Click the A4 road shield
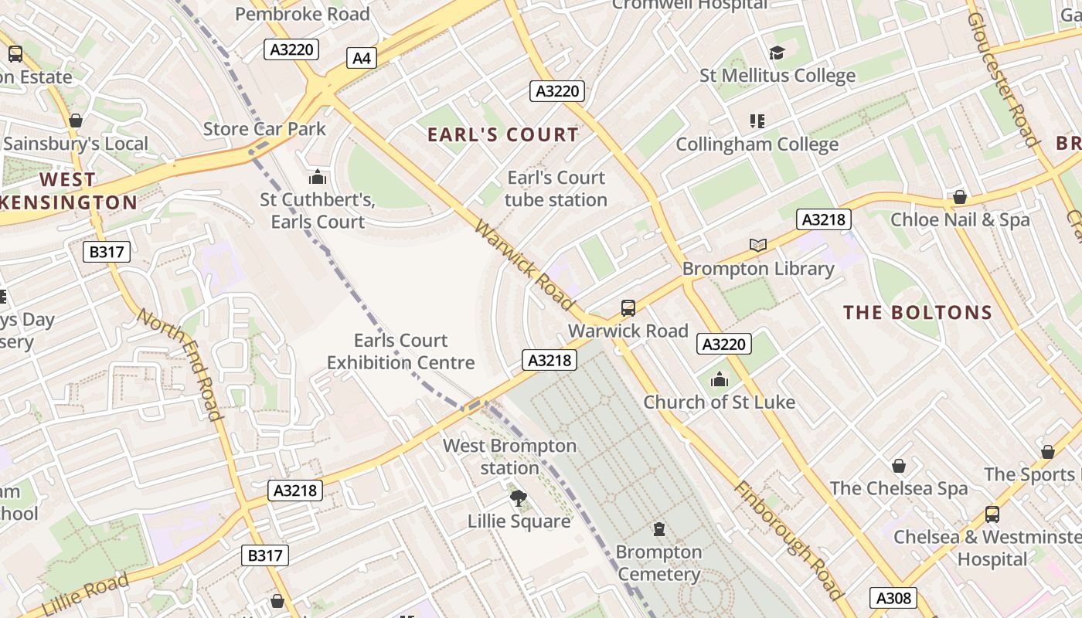[361, 58]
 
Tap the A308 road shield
[893, 597]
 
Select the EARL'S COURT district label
[503, 134]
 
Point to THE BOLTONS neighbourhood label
[917, 312]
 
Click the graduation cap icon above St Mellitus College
[777, 53]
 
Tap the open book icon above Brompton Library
[758, 245]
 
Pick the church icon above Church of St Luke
[720, 379]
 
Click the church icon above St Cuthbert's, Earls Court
[318, 178]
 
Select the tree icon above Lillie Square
[519, 499]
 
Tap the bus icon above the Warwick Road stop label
[628, 308]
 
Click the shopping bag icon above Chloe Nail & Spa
[960, 197]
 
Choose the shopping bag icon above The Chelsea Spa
[899, 466]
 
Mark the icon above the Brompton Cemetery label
[658, 529]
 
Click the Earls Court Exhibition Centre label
[400, 351]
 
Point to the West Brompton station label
[509, 457]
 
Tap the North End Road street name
[180, 365]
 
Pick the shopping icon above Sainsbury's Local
[76, 121]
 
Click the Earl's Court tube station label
[556, 188]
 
